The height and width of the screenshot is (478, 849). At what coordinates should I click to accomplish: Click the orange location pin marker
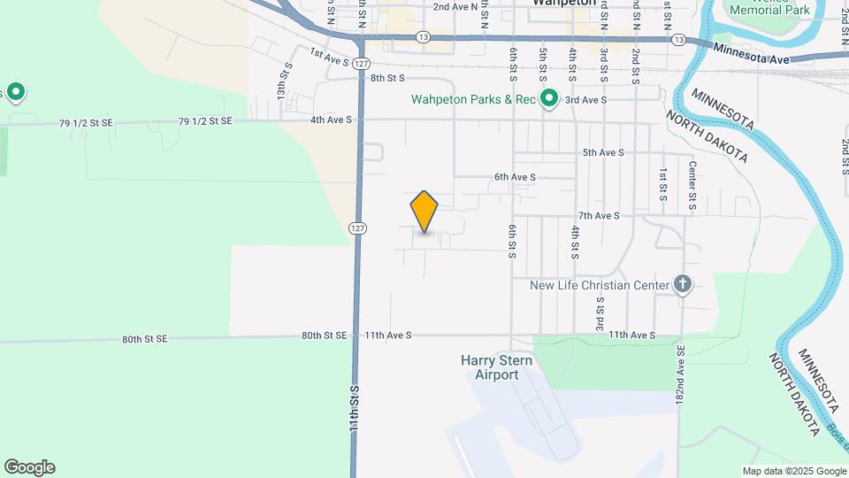click(424, 212)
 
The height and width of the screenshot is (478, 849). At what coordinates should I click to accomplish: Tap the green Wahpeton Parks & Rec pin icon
click(548, 98)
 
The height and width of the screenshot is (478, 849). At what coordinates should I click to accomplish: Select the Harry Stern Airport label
click(490, 367)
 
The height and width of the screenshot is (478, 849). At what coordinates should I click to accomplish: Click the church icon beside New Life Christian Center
click(682, 284)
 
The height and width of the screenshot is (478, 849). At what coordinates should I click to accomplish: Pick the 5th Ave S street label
click(603, 152)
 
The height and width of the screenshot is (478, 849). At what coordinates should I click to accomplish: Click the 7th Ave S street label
click(599, 215)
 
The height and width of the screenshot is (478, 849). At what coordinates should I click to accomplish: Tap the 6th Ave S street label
click(515, 177)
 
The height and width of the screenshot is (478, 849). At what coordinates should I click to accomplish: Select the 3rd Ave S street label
click(585, 100)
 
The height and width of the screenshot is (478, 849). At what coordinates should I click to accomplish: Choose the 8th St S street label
click(386, 78)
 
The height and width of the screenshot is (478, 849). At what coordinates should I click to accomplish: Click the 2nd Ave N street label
click(455, 6)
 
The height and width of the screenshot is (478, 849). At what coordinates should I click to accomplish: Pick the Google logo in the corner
click(29, 467)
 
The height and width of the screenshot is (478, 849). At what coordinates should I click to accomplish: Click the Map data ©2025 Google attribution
click(794, 471)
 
